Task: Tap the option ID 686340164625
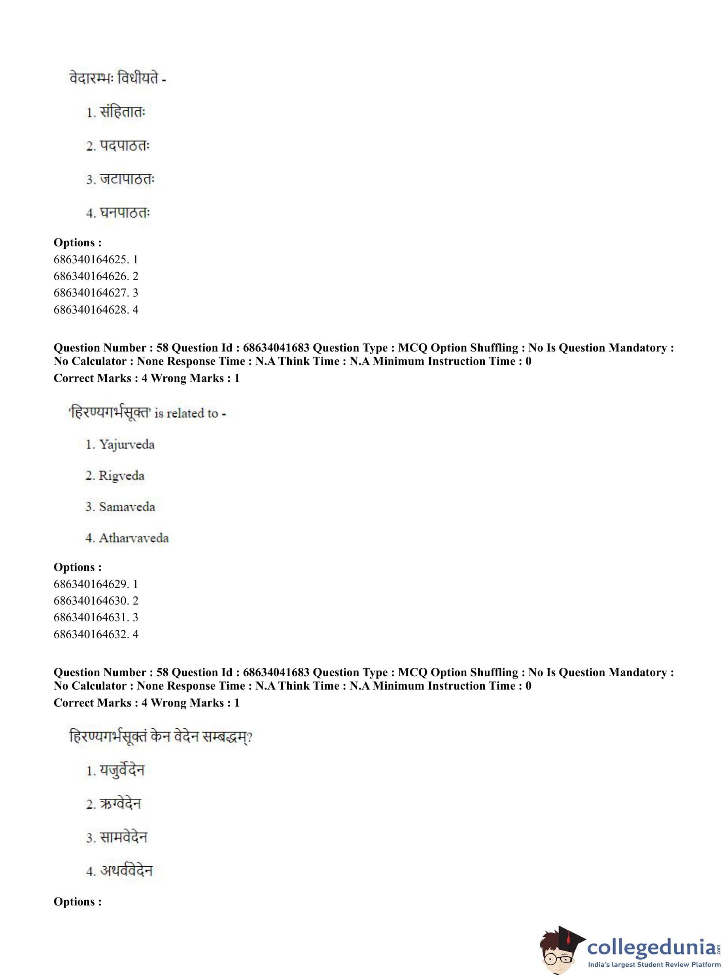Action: click(x=91, y=259)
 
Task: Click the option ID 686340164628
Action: click(x=91, y=310)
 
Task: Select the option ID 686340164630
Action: click(x=91, y=601)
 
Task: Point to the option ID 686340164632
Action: click(x=91, y=634)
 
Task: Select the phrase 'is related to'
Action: click(x=186, y=414)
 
